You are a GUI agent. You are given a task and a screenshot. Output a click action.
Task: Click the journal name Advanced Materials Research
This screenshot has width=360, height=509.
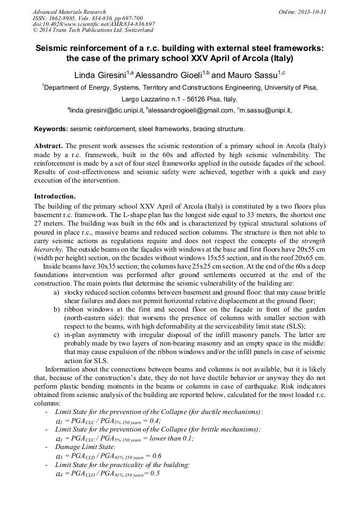tap(69, 12)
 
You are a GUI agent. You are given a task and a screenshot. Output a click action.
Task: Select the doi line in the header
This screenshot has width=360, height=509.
tap(93, 24)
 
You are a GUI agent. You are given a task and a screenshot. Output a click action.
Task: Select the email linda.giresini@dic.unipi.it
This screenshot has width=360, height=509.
tap(107, 110)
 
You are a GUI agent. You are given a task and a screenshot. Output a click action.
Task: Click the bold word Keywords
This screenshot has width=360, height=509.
tap(50, 129)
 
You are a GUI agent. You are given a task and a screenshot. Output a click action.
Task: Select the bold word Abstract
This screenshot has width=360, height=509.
tap(49, 145)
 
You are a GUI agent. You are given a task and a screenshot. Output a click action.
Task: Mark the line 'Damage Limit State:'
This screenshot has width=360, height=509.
tap(85, 447)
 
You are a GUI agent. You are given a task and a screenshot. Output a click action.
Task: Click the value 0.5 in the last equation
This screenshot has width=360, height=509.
tap(155, 473)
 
